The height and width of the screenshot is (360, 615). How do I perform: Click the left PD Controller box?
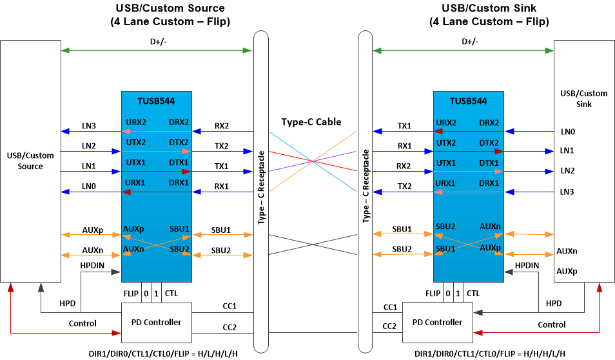pyautogui.click(x=156, y=322)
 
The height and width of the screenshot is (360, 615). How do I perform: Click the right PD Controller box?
pyautogui.click(x=437, y=322)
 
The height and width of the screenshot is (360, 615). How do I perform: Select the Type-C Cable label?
pyautogui.click(x=311, y=122)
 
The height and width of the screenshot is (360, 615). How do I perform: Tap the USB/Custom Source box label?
pyautogui.click(x=30, y=161)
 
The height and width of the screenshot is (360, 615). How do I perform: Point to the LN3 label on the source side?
pyautogui.click(x=88, y=126)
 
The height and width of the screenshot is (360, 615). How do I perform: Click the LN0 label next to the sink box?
pyautogui.click(x=567, y=131)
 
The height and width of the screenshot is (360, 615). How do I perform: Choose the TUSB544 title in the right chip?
pyautogui.click(x=468, y=101)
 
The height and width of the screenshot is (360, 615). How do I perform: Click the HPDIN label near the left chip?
pyautogui.click(x=92, y=265)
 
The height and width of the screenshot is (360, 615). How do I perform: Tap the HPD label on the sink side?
pyautogui.click(x=553, y=303)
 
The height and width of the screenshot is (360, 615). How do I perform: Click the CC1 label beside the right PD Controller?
pyautogui.click(x=390, y=307)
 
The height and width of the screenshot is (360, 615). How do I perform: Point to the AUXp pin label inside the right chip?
pyautogui.click(x=489, y=247)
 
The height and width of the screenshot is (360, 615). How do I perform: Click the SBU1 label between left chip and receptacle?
pyautogui.click(x=220, y=230)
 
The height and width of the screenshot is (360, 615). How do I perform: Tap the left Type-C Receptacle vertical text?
pyautogui.click(x=261, y=187)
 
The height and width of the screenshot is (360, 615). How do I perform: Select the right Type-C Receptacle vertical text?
pyautogui.click(x=366, y=187)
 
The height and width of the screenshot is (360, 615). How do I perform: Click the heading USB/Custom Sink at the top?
pyautogui.click(x=489, y=8)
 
